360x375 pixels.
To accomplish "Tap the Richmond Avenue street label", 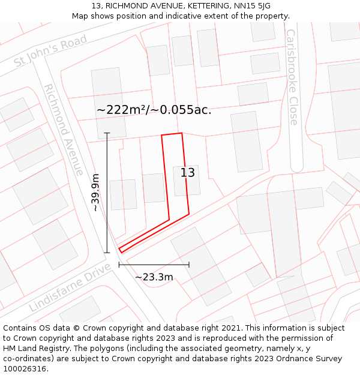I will click(63, 130).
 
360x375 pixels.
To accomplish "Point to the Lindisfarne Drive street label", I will click(70, 287).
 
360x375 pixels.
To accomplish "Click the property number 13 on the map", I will click(188, 173).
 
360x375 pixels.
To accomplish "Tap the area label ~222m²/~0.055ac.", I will click(154, 110).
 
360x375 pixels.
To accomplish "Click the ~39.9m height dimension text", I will click(95, 193).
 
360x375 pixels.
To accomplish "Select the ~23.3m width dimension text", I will click(154, 277).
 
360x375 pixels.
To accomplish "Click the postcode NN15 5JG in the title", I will click(251, 6).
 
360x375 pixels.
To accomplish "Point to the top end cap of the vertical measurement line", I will click(107, 133).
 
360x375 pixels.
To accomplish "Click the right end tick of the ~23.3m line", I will click(189, 264).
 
